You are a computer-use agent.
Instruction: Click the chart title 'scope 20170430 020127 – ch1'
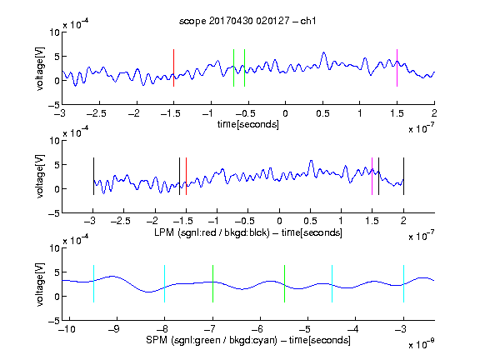(x=247, y=21)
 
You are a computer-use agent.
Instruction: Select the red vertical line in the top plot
(x=173, y=67)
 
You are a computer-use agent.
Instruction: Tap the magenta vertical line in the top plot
(x=397, y=67)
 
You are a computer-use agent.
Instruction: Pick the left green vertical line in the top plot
(x=233, y=67)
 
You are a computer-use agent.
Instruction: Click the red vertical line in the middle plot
(x=186, y=176)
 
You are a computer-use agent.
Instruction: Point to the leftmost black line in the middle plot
(x=93, y=176)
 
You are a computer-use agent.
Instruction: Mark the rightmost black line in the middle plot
(x=403, y=176)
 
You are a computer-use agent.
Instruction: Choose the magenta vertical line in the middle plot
(x=372, y=176)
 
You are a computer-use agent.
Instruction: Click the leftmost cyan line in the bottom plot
(x=93, y=284)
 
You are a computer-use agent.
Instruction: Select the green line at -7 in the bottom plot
(x=212, y=284)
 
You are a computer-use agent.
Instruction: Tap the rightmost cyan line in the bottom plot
(x=403, y=284)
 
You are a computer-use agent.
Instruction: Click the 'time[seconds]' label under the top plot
(x=248, y=124)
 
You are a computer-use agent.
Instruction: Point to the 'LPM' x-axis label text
(x=164, y=232)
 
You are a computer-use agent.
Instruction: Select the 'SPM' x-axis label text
(x=157, y=340)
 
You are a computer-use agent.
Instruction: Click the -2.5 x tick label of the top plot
(x=96, y=113)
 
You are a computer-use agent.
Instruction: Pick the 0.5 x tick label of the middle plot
(x=310, y=221)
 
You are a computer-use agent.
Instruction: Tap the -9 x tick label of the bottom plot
(x=114, y=329)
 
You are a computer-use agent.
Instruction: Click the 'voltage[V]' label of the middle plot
(x=40, y=177)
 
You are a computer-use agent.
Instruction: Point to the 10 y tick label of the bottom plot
(x=55, y=248)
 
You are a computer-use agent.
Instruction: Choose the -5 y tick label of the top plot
(x=54, y=105)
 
